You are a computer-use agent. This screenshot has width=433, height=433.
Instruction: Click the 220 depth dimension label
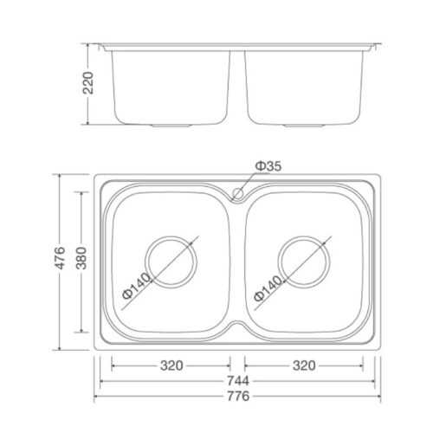88,83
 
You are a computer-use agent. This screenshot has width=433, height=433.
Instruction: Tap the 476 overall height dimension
60,258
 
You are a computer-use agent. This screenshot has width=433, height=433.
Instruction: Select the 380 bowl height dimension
81,258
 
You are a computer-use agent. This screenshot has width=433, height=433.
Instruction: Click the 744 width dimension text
237,381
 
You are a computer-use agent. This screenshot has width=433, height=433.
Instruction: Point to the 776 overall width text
237,396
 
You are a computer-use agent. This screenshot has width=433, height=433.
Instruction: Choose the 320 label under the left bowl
171,365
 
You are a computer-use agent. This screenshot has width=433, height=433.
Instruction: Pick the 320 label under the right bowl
304,365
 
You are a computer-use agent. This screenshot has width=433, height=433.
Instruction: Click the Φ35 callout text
268,166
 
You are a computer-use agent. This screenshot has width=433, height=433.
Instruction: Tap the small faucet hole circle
238,193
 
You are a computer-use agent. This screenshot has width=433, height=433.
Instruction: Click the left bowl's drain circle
171,237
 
